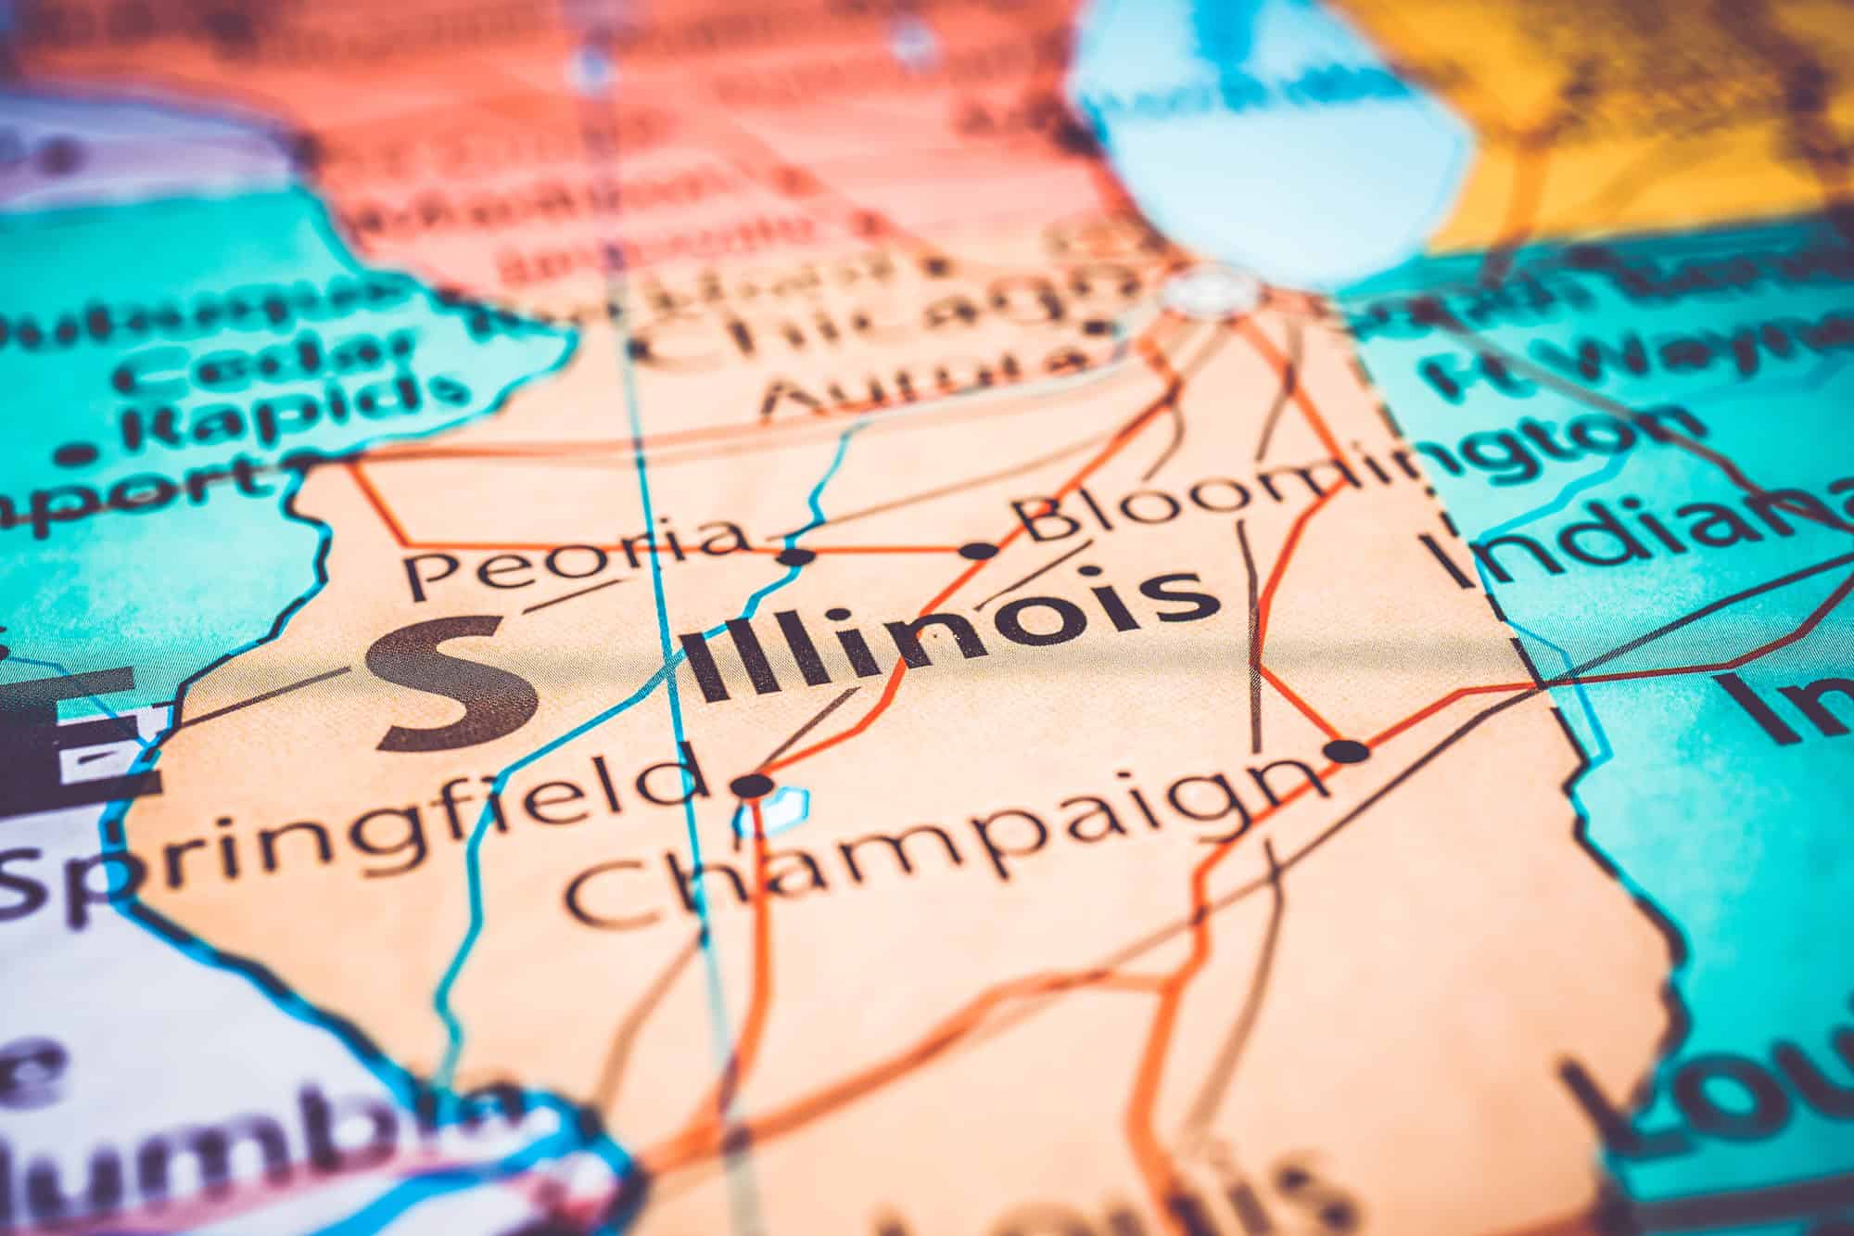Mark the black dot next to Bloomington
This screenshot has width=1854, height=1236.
point(979,551)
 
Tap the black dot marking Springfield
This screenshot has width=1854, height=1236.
point(753,786)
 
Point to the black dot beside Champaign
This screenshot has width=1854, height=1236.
point(1349,751)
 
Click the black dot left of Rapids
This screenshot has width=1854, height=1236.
point(83,454)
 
